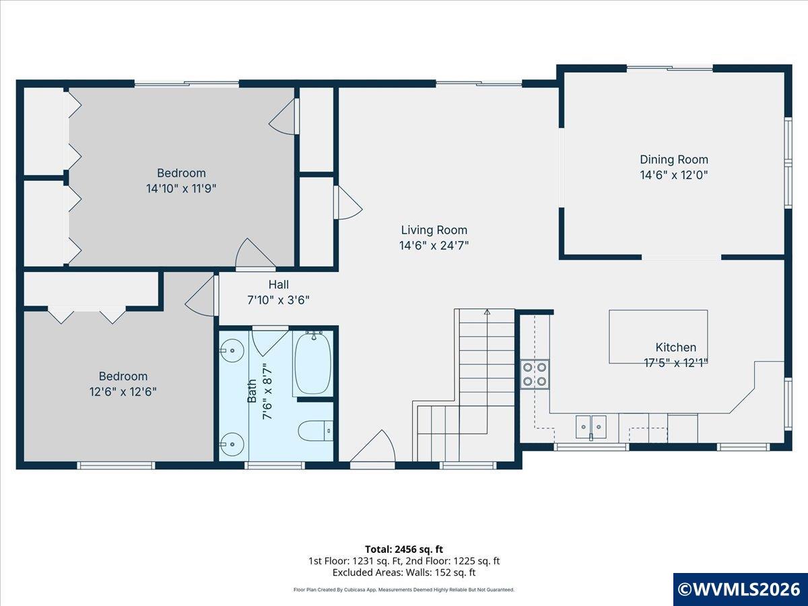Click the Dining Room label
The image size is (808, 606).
674,160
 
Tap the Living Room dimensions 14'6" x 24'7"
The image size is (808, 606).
434,245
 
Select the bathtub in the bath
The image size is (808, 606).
313,362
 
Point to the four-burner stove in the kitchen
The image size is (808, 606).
535,374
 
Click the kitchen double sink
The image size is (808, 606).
591,427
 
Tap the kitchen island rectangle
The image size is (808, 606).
658,337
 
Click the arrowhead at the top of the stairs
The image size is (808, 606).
487,312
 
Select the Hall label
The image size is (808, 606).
278,284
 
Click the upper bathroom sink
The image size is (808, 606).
232,351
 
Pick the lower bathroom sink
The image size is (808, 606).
232,444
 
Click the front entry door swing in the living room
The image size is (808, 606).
372,446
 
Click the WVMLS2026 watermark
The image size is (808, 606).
740,589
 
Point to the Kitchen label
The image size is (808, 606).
676,347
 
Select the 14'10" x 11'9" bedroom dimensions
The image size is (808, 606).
181,189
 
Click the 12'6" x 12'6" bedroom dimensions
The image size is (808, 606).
123,391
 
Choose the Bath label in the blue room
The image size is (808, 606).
252,391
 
